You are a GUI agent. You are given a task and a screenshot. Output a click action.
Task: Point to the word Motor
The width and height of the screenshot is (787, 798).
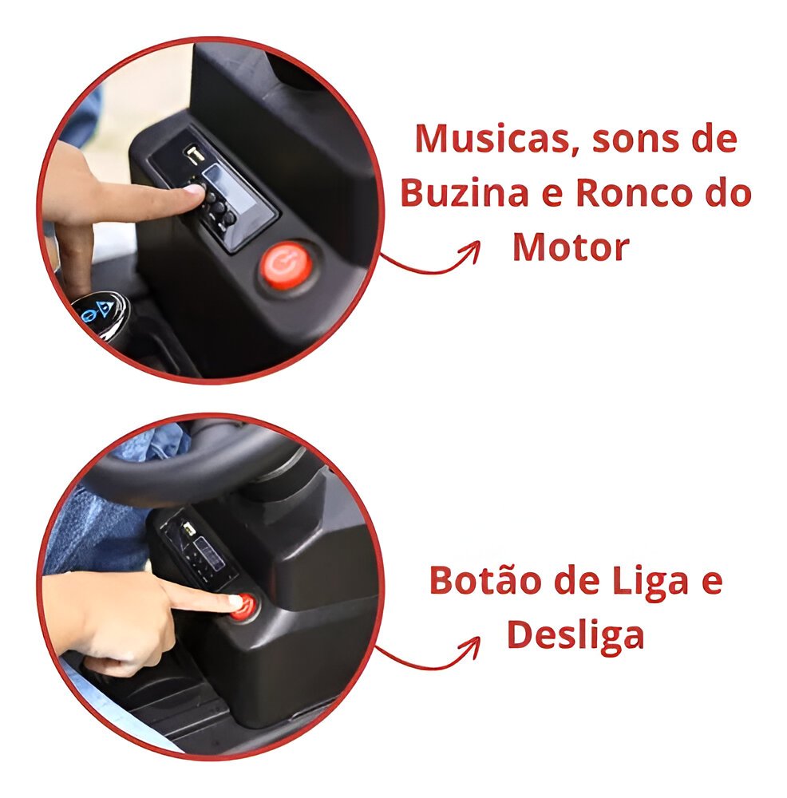(571, 247)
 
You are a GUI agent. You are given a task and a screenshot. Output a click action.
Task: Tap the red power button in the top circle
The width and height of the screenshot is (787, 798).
(286, 265)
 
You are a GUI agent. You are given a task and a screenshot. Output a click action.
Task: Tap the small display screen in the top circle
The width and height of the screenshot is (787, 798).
(229, 192)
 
